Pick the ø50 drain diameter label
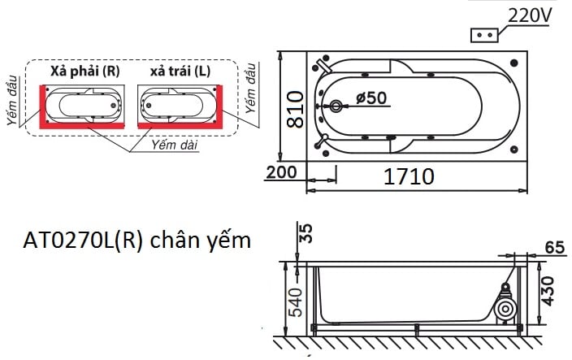(x=371, y=98)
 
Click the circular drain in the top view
(x=337, y=106)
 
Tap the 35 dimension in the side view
(x=305, y=233)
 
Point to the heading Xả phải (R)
(x=84, y=72)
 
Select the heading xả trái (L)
(x=180, y=72)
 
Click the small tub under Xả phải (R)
(x=84, y=104)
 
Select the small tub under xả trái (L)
(x=179, y=104)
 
